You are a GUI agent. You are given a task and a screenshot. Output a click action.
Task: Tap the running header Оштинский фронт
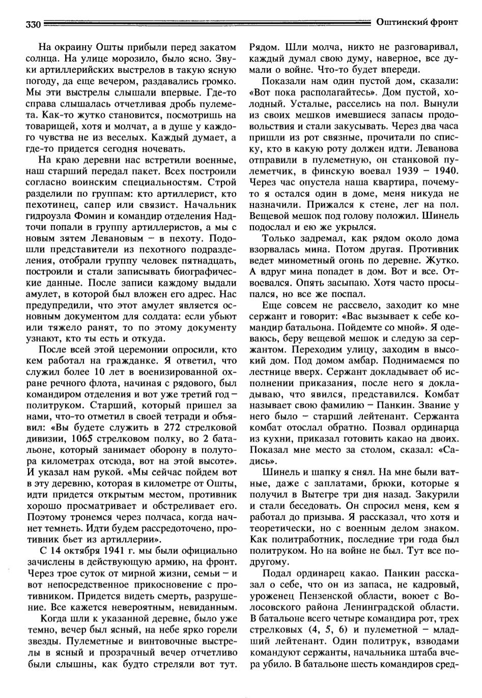(417, 22)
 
